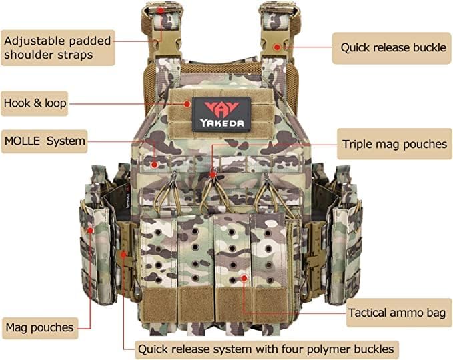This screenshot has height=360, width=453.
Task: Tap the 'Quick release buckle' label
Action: (x=392, y=48)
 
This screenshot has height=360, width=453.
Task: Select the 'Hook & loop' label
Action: (x=34, y=103)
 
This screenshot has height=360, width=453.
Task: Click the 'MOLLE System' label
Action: (x=45, y=141)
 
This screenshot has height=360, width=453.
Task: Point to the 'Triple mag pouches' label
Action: (x=394, y=144)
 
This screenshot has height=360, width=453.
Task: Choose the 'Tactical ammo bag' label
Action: (x=398, y=312)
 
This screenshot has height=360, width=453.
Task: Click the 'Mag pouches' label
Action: (x=39, y=327)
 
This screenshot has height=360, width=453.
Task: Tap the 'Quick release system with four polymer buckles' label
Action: (x=266, y=349)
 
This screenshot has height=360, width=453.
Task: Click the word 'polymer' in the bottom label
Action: (x=331, y=349)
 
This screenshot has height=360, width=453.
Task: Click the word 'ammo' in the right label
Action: (x=407, y=312)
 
